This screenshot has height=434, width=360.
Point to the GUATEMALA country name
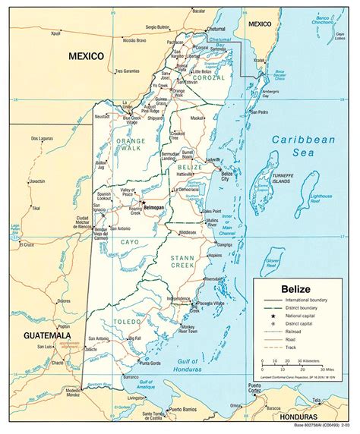(x=46, y=335)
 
